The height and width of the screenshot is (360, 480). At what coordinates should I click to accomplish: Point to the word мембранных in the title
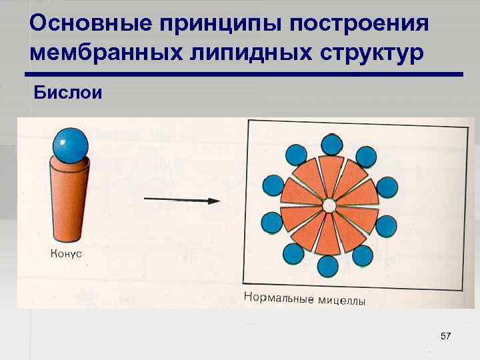(97, 53)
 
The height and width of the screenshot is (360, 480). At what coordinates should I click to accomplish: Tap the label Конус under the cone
(66, 253)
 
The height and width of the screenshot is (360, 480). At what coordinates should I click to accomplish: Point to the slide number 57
(446, 337)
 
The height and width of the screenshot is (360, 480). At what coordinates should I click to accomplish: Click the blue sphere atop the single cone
(70, 145)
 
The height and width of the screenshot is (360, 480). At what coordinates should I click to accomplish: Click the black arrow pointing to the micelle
(182, 200)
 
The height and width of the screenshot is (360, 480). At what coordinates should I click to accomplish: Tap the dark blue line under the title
(243, 75)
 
